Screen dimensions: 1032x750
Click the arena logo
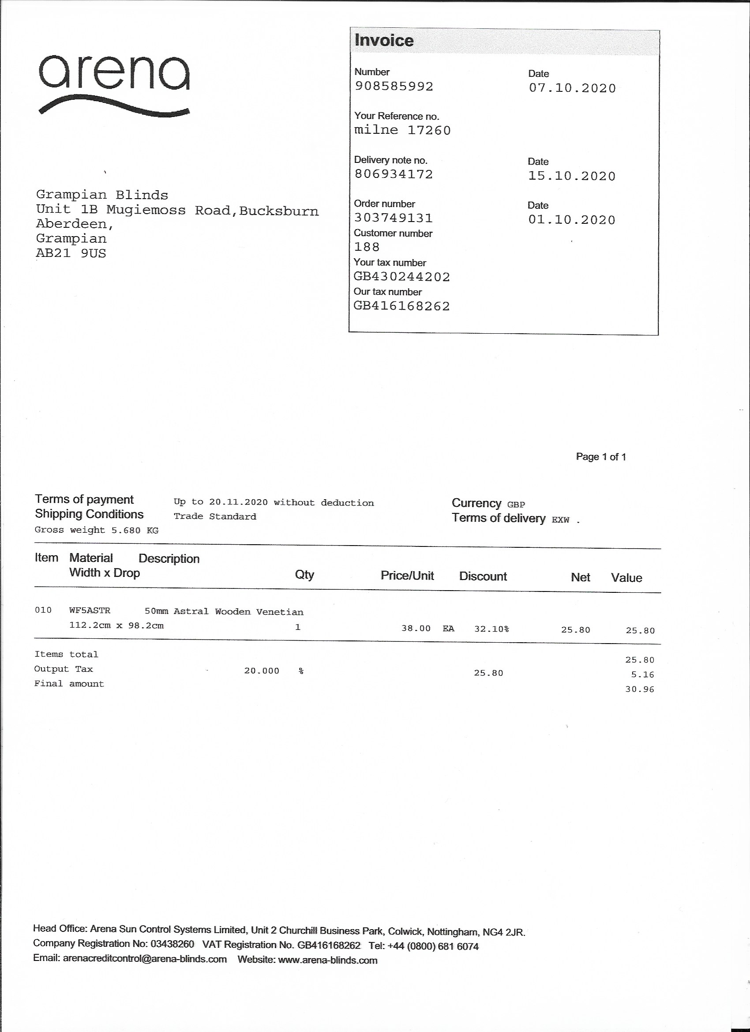click(x=114, y=84)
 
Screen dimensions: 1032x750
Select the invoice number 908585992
click(x=394, y=87)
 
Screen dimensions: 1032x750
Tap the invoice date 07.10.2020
click(x=572, y=88)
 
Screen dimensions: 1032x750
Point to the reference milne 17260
click(x=402, y=131)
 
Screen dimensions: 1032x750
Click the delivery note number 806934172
click(x=394, y=174)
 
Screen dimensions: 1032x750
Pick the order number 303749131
click(x=394, y=218)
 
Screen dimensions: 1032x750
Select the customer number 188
click(x=367, y=247)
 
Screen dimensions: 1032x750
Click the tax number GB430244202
click(x=401, y=277)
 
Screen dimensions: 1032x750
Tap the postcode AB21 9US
click(x=71, y=253)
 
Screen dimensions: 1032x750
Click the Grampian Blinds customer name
click(x=102, y=195)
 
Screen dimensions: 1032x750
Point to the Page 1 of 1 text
click(x=601, y=457)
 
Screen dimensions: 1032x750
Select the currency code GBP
click(x=516, y=505)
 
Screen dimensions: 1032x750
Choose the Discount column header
click(x=483, y=576)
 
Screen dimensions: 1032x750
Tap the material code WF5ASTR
click(x=90, y=610)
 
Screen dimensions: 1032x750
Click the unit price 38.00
click(x=416, y=629)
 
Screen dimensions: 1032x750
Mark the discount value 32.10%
click(x=491, y=629)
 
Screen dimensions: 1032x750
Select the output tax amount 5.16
click(x=642, y=674)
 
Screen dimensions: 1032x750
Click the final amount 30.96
click(x=639, y=689)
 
